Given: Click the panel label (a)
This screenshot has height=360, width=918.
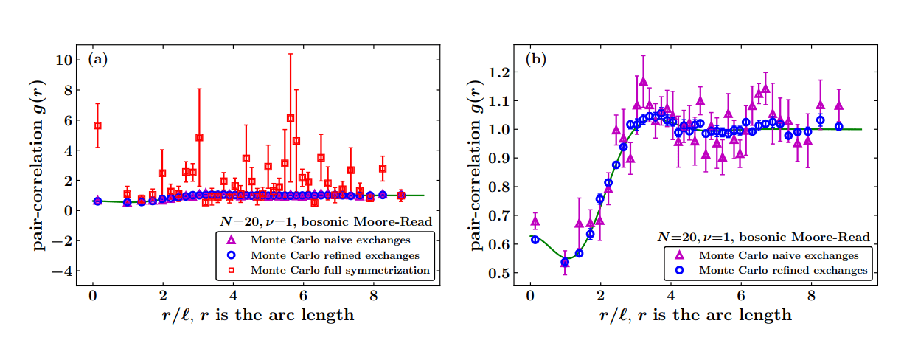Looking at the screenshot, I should click(x=97, y=60).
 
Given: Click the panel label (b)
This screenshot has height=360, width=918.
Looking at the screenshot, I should click(x=535, y=60).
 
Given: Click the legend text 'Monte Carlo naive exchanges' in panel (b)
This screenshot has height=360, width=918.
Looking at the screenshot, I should click(x=779, y=255).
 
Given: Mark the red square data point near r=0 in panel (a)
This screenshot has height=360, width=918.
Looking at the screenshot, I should click(x=97, y=125).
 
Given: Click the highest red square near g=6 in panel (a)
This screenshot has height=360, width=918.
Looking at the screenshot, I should click(x=291, y=118).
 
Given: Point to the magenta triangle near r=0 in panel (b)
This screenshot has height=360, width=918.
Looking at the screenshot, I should click(x=535, y=221).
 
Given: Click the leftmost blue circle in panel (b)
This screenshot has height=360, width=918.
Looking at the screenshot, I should click(x=535, y=239).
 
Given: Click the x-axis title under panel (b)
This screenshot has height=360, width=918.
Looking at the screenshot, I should click(x=696, y=315).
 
